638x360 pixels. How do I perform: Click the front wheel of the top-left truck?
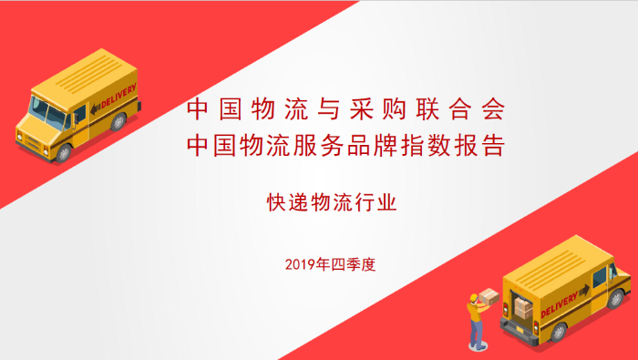pyautogui.click(x=63, y=152)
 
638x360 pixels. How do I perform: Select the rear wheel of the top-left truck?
pyautogui.click(x=118, y=121)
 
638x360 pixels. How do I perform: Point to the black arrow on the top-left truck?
pyautogui.click(x=96, y=108)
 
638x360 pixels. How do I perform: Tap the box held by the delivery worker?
pyautogui.click(x=490, y=297)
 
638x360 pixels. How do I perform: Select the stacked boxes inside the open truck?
pyautogui.click(x=522, y=307)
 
